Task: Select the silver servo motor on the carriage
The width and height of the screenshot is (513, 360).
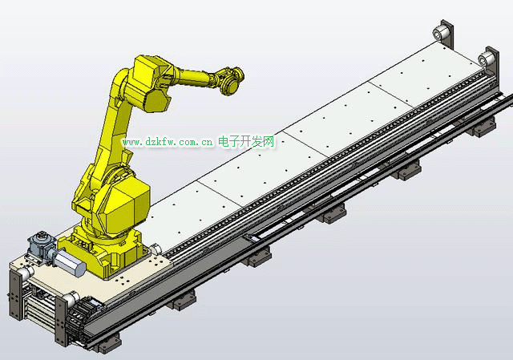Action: (x=70, y=263)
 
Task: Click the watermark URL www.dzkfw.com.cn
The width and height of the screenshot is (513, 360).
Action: (x=168, y=143)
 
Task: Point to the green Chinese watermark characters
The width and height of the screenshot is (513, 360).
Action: (x=246, y=142)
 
